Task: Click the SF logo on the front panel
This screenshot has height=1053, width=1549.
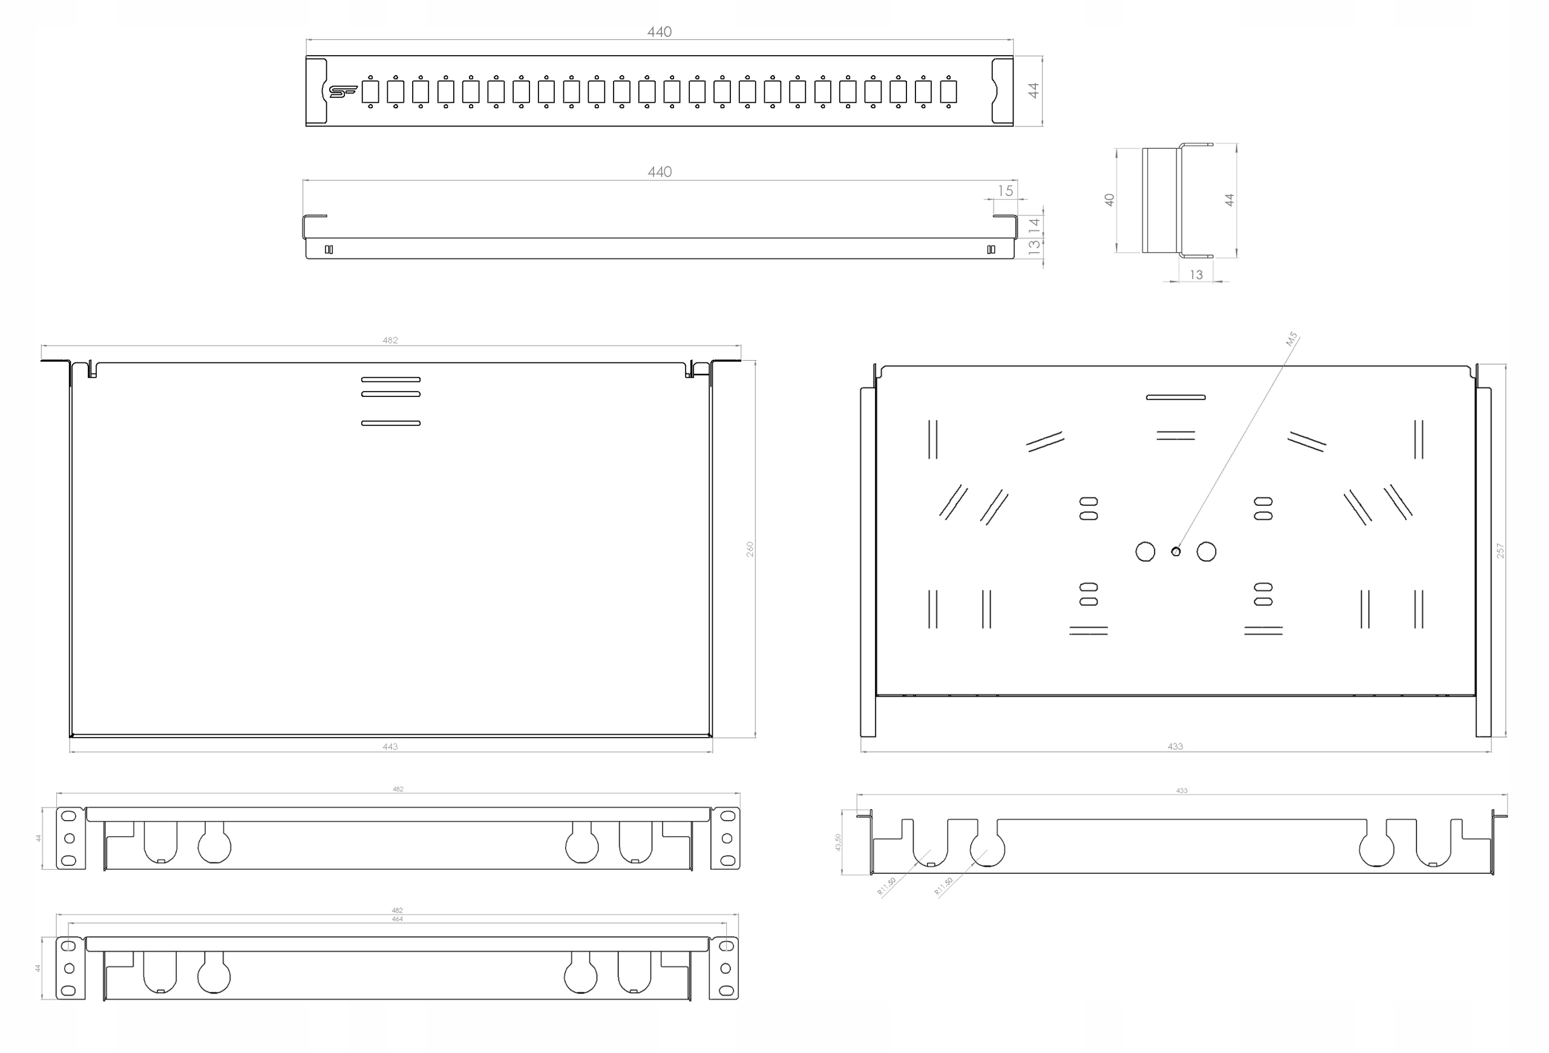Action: pyautogui.click(x=342, y=91)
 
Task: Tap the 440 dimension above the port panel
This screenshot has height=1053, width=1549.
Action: pyautogui.click(x=659, y=32)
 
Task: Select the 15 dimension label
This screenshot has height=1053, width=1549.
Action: pyautogui.click(x=1005, y=191)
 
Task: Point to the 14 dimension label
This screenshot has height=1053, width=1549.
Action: pyautogui.click(x=1034, y=225)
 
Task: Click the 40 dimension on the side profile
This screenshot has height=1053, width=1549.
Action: pyautogui.click(x=1110, y=199)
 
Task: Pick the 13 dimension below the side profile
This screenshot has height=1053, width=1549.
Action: pyautogui.click(x=1196, y=275)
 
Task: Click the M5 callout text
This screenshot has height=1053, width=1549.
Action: pyautogui.click(x=1292, y=340)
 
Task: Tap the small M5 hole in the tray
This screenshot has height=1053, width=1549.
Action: pyautogui.click(x=1176, y=551)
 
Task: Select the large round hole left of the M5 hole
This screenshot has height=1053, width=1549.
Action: pyautogui.click(x=1145, y=552)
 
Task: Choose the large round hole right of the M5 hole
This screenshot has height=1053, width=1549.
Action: pyautogui.click(x=1207, y=552)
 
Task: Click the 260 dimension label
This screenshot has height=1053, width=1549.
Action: pyautogui.click(x=750, y=549)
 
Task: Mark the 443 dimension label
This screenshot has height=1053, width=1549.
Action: pyautogui.click(x=390, y=746)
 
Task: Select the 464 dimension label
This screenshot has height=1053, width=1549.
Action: pyautogui.click(x=398, y=919)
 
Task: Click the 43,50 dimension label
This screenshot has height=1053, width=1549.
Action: pyautogui.click(x=838, y=842)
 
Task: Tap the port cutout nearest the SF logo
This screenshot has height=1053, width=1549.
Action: pyautogui.click(x=370, y=91)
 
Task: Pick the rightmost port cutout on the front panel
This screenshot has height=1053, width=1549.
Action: pyautogui.click(x=948, y=91)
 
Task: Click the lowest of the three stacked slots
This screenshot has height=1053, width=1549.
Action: pyautogui.click(x=391, y=423)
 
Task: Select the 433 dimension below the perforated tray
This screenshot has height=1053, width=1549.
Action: pyautogui.click(x=1175, y=746)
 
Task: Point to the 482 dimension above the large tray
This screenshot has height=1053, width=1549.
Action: pyautogui.click(x=390, y=341)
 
